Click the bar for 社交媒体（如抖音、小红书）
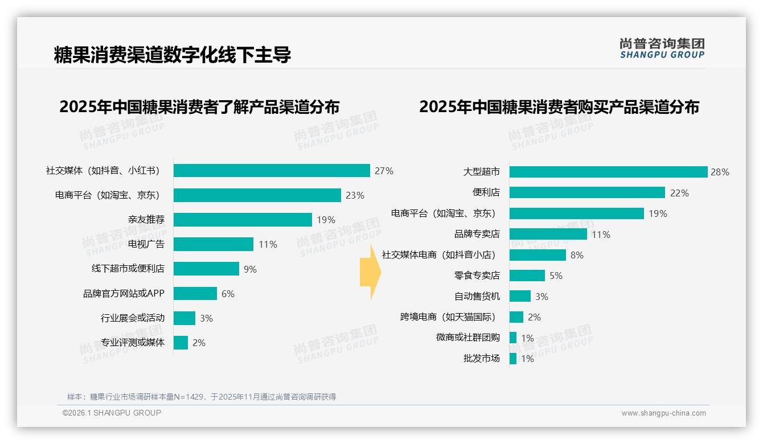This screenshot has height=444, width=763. coord(272,171)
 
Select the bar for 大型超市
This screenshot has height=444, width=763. coord(608,172)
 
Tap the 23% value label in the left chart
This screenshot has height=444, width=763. coord(355,195)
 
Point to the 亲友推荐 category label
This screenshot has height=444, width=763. coord(146,220)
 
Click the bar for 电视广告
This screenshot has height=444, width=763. coord(213,244)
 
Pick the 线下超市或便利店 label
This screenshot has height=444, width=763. coord(128,269)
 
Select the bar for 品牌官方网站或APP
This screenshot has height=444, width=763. coord(195,294)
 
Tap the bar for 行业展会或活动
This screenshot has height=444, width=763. coord(184,318)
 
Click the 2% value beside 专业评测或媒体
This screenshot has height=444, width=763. coord(199,343)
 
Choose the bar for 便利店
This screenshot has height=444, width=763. coord(587,192)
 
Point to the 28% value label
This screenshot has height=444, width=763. coord(720,172)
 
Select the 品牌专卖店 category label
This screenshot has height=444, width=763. coord(477,234)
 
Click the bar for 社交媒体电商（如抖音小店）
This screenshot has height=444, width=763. coord(538,255)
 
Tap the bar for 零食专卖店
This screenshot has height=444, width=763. coord(527,276)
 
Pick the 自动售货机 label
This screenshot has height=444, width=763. coord(477,296)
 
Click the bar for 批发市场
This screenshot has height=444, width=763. coord(513,359)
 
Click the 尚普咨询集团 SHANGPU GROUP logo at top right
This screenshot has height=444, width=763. coord(662,48)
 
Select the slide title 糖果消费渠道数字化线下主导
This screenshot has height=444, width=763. coord(172,55)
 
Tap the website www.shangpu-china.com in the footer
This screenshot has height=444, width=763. coord(663,413)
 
